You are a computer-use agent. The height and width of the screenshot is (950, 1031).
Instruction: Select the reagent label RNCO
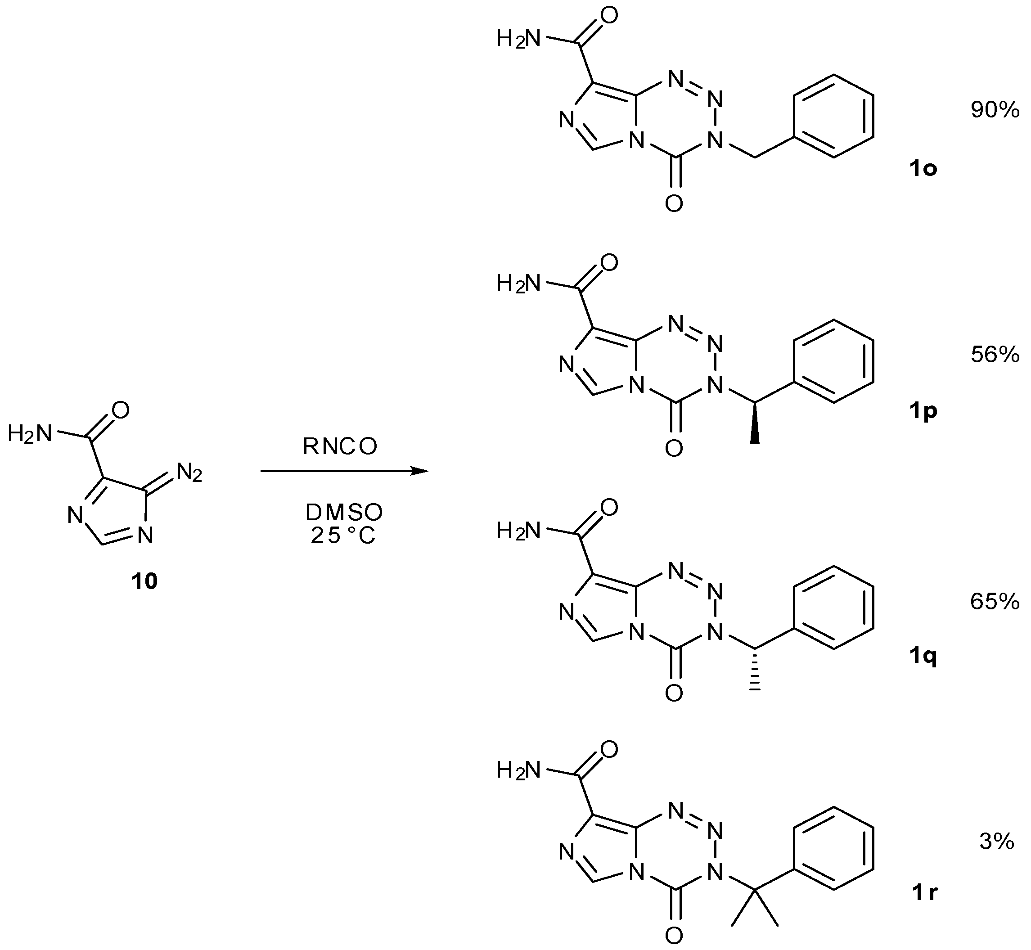tap(340, 447)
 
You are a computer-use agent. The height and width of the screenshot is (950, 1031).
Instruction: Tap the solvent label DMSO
tap(344, 513)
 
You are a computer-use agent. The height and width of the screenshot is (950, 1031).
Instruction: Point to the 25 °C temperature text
tap(343, 536)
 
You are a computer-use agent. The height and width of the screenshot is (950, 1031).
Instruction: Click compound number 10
tap(144, 581)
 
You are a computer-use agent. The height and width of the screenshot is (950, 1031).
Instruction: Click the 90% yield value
tap(995, 110)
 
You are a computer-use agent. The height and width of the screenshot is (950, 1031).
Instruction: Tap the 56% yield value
tap(995, 355)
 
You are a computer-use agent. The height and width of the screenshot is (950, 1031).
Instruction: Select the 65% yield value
tap(995, 602)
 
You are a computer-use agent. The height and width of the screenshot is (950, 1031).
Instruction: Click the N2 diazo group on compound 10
tap(189, 473)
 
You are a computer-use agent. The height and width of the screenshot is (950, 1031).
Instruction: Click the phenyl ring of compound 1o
tap(833, 116)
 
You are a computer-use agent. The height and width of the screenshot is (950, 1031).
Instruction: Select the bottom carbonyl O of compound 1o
tap(674, 204)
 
